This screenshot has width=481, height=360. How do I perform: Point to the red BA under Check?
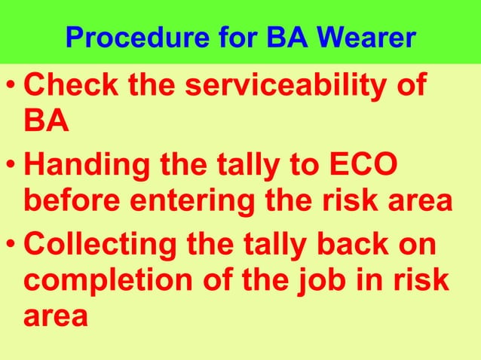point(47,121)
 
